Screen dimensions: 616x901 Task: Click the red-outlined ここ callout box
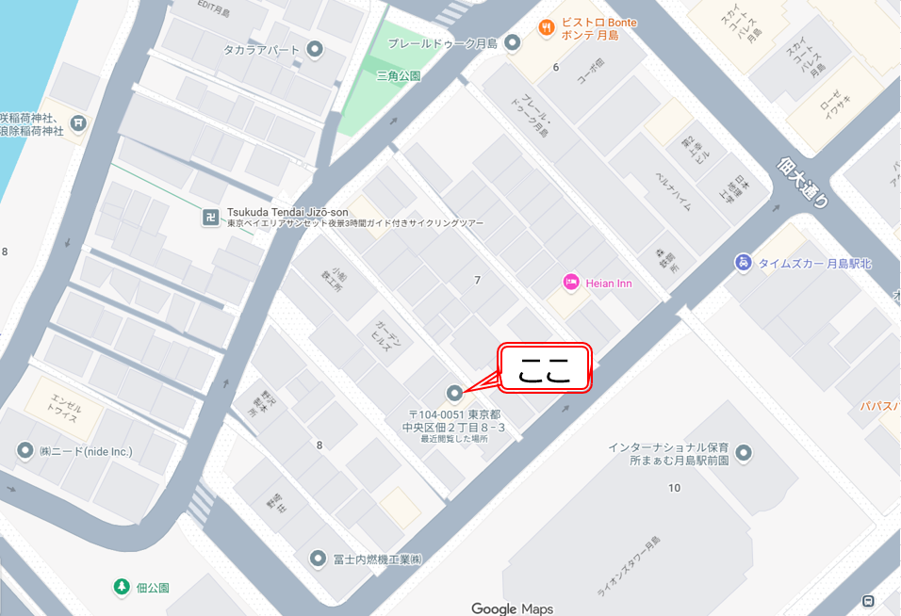pyautogui.click(x=544, y=368)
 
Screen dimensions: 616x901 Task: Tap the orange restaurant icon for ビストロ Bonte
pyautogui.click(x=544, y=27)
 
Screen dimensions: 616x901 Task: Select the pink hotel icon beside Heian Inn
pyautogui.click(x=570, y=282)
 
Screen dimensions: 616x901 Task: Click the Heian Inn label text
pyautogui.click(x=608, y=282)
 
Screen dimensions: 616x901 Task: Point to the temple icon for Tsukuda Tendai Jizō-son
pyautogui.click(x=210, y=218)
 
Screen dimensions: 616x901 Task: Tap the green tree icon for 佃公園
pyautogui.click(x=121, y=587)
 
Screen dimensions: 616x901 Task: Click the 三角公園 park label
pyautogui.click(x=398, y=75)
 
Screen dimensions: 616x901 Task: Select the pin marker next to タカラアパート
pyautogui.click(x=316, y=49)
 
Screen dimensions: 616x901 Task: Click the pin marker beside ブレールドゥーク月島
pyautogui.click(x=513, y=41)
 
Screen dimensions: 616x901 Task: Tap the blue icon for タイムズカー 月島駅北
pyautogui.click(x=744, y=263)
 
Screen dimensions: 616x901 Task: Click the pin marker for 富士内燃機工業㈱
pyautogui.click(x=319, y=559)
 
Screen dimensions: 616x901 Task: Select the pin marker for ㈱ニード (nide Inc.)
pyautogui.click(x=25, y=451)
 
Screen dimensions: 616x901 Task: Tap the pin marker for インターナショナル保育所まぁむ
pyautogui.click(x=745, y=454)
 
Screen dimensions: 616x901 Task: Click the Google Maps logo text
pyautogui.click(x=512, y=608)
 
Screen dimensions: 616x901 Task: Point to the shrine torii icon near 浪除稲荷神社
pyautogui.click(x=79, y=122)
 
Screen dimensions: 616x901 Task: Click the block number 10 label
pyautogui.click(x=674, y=487)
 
